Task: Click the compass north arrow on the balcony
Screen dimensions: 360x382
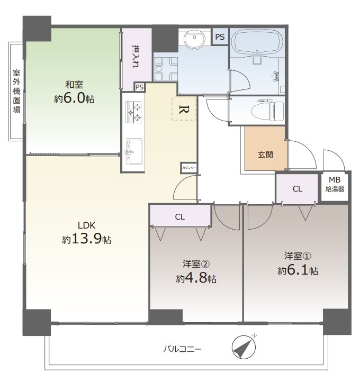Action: click(x=244, y=347)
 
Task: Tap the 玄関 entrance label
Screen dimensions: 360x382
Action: click(x=265, y=154)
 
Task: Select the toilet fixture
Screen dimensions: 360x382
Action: click(x=267, y=111)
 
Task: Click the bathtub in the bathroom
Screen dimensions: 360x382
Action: click(x=257, y=42)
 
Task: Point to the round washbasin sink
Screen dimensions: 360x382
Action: click(x=194, y=38)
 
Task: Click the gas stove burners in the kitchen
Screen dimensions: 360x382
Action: click(x=133, y=112)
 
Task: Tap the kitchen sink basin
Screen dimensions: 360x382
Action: click(x=134, y=151)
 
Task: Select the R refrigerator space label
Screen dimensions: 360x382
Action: click(x=184, y=110)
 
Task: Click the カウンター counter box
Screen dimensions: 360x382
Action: click(x=188, y=168)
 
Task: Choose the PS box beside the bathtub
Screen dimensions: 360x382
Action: click(x=220, y=37)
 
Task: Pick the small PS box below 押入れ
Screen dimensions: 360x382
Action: click(x=139, y=87)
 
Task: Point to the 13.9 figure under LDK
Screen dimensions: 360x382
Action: click(x=86, y=239)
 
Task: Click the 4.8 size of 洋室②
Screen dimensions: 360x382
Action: click(x=196, y=277)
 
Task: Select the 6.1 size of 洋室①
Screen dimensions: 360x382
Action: click(x=298, y=270)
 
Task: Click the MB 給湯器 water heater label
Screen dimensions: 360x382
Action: click(x=335, y=185)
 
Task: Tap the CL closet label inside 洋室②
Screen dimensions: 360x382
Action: click(x=179, y=216)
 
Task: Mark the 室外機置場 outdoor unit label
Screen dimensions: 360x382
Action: click(x=16, y=92)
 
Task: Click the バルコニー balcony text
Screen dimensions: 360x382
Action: click(x=182, y=349)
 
